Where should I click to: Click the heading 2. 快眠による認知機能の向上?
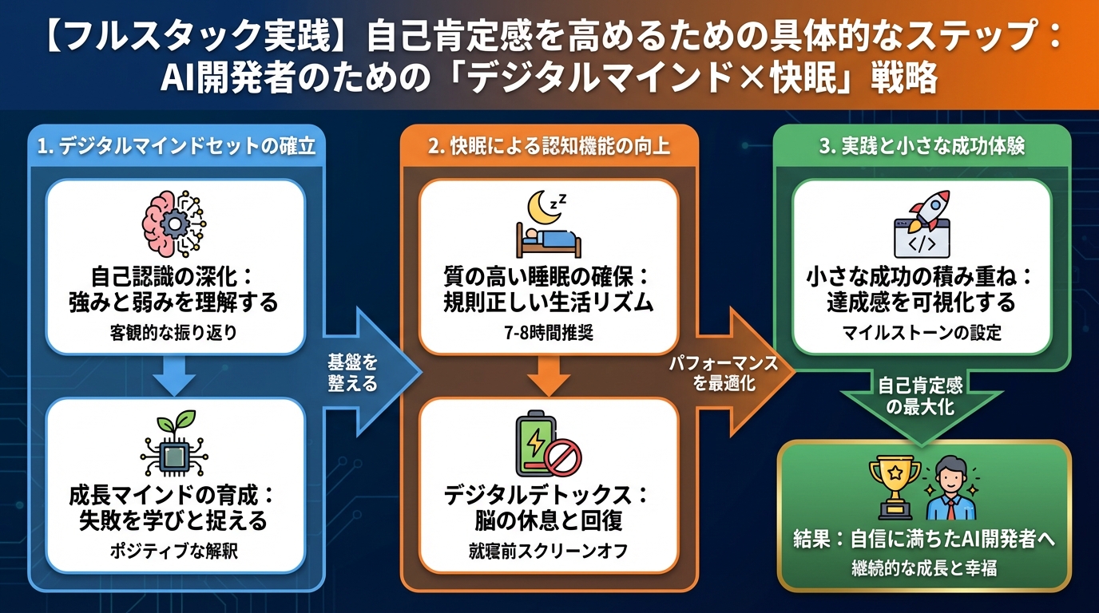[x=549, y=147]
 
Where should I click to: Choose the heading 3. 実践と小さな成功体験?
[x=922, y=147]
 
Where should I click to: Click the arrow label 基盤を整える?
[x=351, y=372]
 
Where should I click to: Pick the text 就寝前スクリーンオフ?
[x=548, y=551]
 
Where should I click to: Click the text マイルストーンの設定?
[x=922, y=333]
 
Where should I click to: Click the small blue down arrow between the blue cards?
[x=175, y=375]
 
